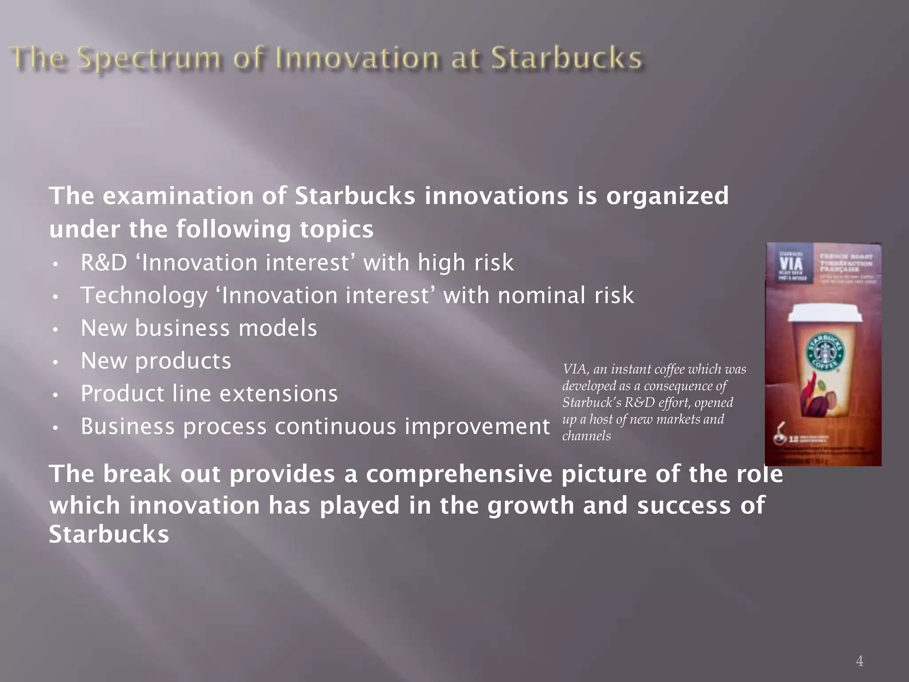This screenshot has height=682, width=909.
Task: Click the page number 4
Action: click(x=859, y=661)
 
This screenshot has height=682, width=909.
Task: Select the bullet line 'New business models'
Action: click(x=199, y=328)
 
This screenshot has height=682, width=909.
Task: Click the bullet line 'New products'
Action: click(x=156, y=361)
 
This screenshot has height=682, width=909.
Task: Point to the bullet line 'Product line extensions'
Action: click(x=209, y=393)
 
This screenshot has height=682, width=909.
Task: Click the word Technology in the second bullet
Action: click(x=144, y=296)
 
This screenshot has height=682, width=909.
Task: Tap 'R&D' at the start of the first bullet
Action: click(x=104, y=262)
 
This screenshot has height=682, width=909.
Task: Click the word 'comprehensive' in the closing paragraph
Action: click(x=459, y=474)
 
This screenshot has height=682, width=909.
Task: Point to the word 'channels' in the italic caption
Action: click(x=586, y=436)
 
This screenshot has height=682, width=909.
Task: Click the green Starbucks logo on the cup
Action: click(x=824, y=354)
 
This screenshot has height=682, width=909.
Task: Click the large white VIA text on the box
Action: click(x=791, y=262)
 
